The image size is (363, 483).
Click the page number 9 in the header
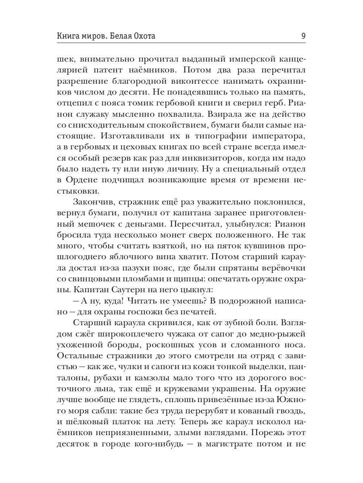(x=303, y=36)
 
